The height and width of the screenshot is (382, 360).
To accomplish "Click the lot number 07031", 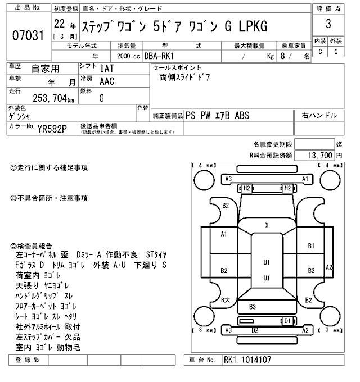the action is tap(28, 36).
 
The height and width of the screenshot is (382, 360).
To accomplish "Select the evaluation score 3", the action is tap(328, 25).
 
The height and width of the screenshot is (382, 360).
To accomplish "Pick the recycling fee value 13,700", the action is tap(319, 155).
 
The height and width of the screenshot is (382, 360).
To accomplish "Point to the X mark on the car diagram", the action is tap(267, 225).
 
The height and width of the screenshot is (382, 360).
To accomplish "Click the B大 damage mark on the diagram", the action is tap(225, 300).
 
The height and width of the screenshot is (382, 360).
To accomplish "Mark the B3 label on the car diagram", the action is tap(253, 307).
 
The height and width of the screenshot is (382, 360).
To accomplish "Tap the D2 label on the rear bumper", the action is tap(254, 330).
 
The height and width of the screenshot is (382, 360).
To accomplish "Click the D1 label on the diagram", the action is tap(287, 321).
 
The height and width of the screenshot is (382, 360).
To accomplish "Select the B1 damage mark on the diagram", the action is tap(310, 245).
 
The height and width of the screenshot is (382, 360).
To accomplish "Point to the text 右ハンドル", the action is tap(319, 116).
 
